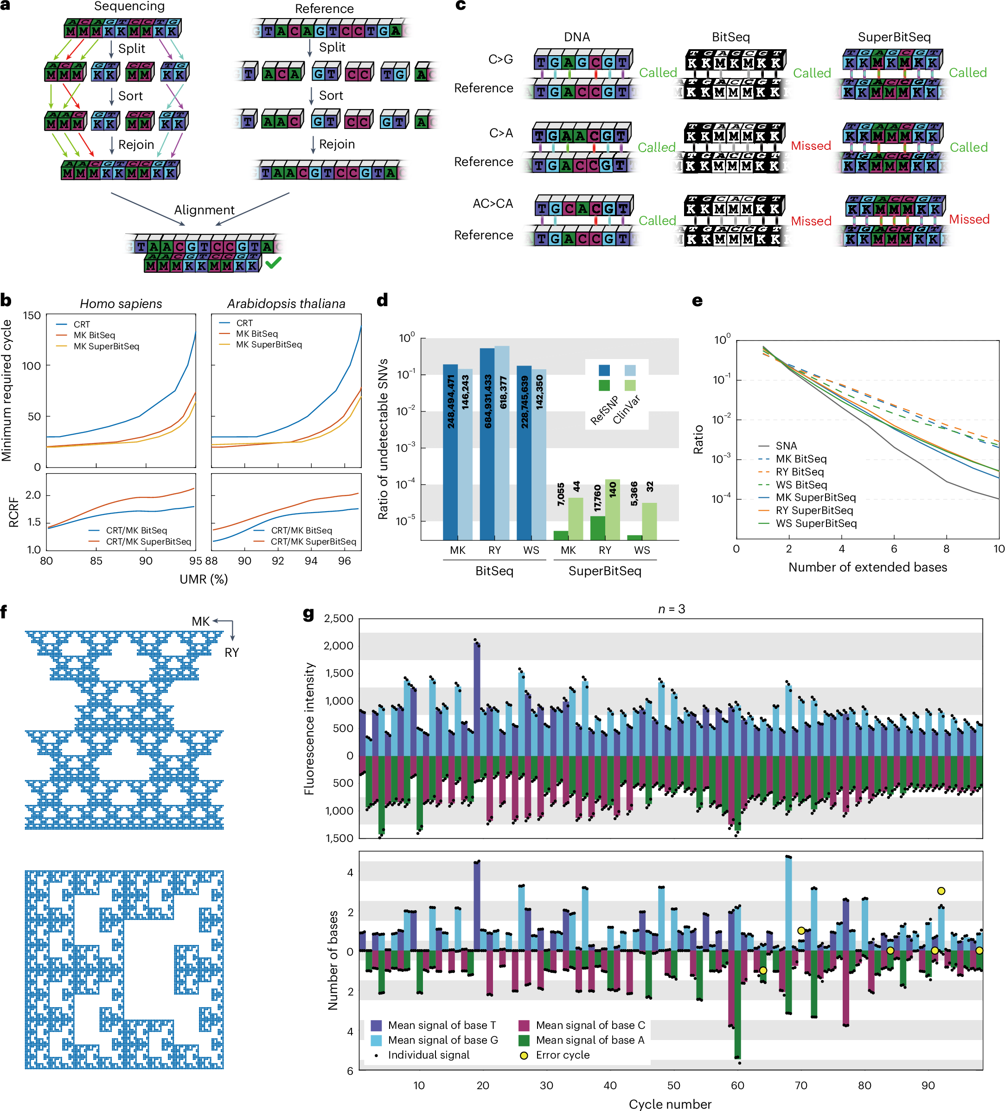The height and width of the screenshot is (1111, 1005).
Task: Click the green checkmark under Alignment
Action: point(273,263)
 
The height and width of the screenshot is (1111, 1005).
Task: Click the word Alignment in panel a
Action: point(204,210)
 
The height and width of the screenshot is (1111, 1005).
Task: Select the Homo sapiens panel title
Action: point(121,304)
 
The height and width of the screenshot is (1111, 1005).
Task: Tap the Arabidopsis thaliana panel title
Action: point(286,304)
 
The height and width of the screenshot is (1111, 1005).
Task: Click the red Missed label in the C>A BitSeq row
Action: point(811,146)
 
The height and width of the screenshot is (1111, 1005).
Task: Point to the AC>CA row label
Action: point(493,204)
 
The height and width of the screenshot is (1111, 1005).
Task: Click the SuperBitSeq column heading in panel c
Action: point(894,37)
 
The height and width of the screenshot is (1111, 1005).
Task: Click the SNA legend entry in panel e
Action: point(786,446)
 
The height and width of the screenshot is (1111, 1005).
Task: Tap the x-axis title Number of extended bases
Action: point(867,567)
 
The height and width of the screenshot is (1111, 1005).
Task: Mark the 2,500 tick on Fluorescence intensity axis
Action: point(339,618)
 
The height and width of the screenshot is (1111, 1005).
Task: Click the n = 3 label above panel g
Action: point(671,609)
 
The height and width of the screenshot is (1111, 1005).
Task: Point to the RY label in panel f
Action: point(231,653)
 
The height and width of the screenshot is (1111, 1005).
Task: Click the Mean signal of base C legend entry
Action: point(589,1025)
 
